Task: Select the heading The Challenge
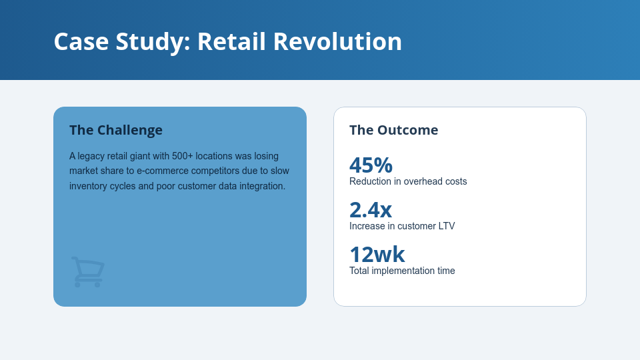click(116, 130)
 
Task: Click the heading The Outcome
click(393, 130)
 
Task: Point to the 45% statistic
click(371, 165)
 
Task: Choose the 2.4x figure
click(371, 209)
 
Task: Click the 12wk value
click(377, 254)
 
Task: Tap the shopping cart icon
click(88, 272)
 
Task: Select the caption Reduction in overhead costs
click(408, 181)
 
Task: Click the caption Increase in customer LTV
click(402, 226)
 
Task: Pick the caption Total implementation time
click(402, 271)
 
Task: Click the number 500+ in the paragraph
click(183, 156)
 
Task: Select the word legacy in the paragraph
click(92, 156)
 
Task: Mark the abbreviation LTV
click(446, 226)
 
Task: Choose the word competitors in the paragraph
click(216, 171)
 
